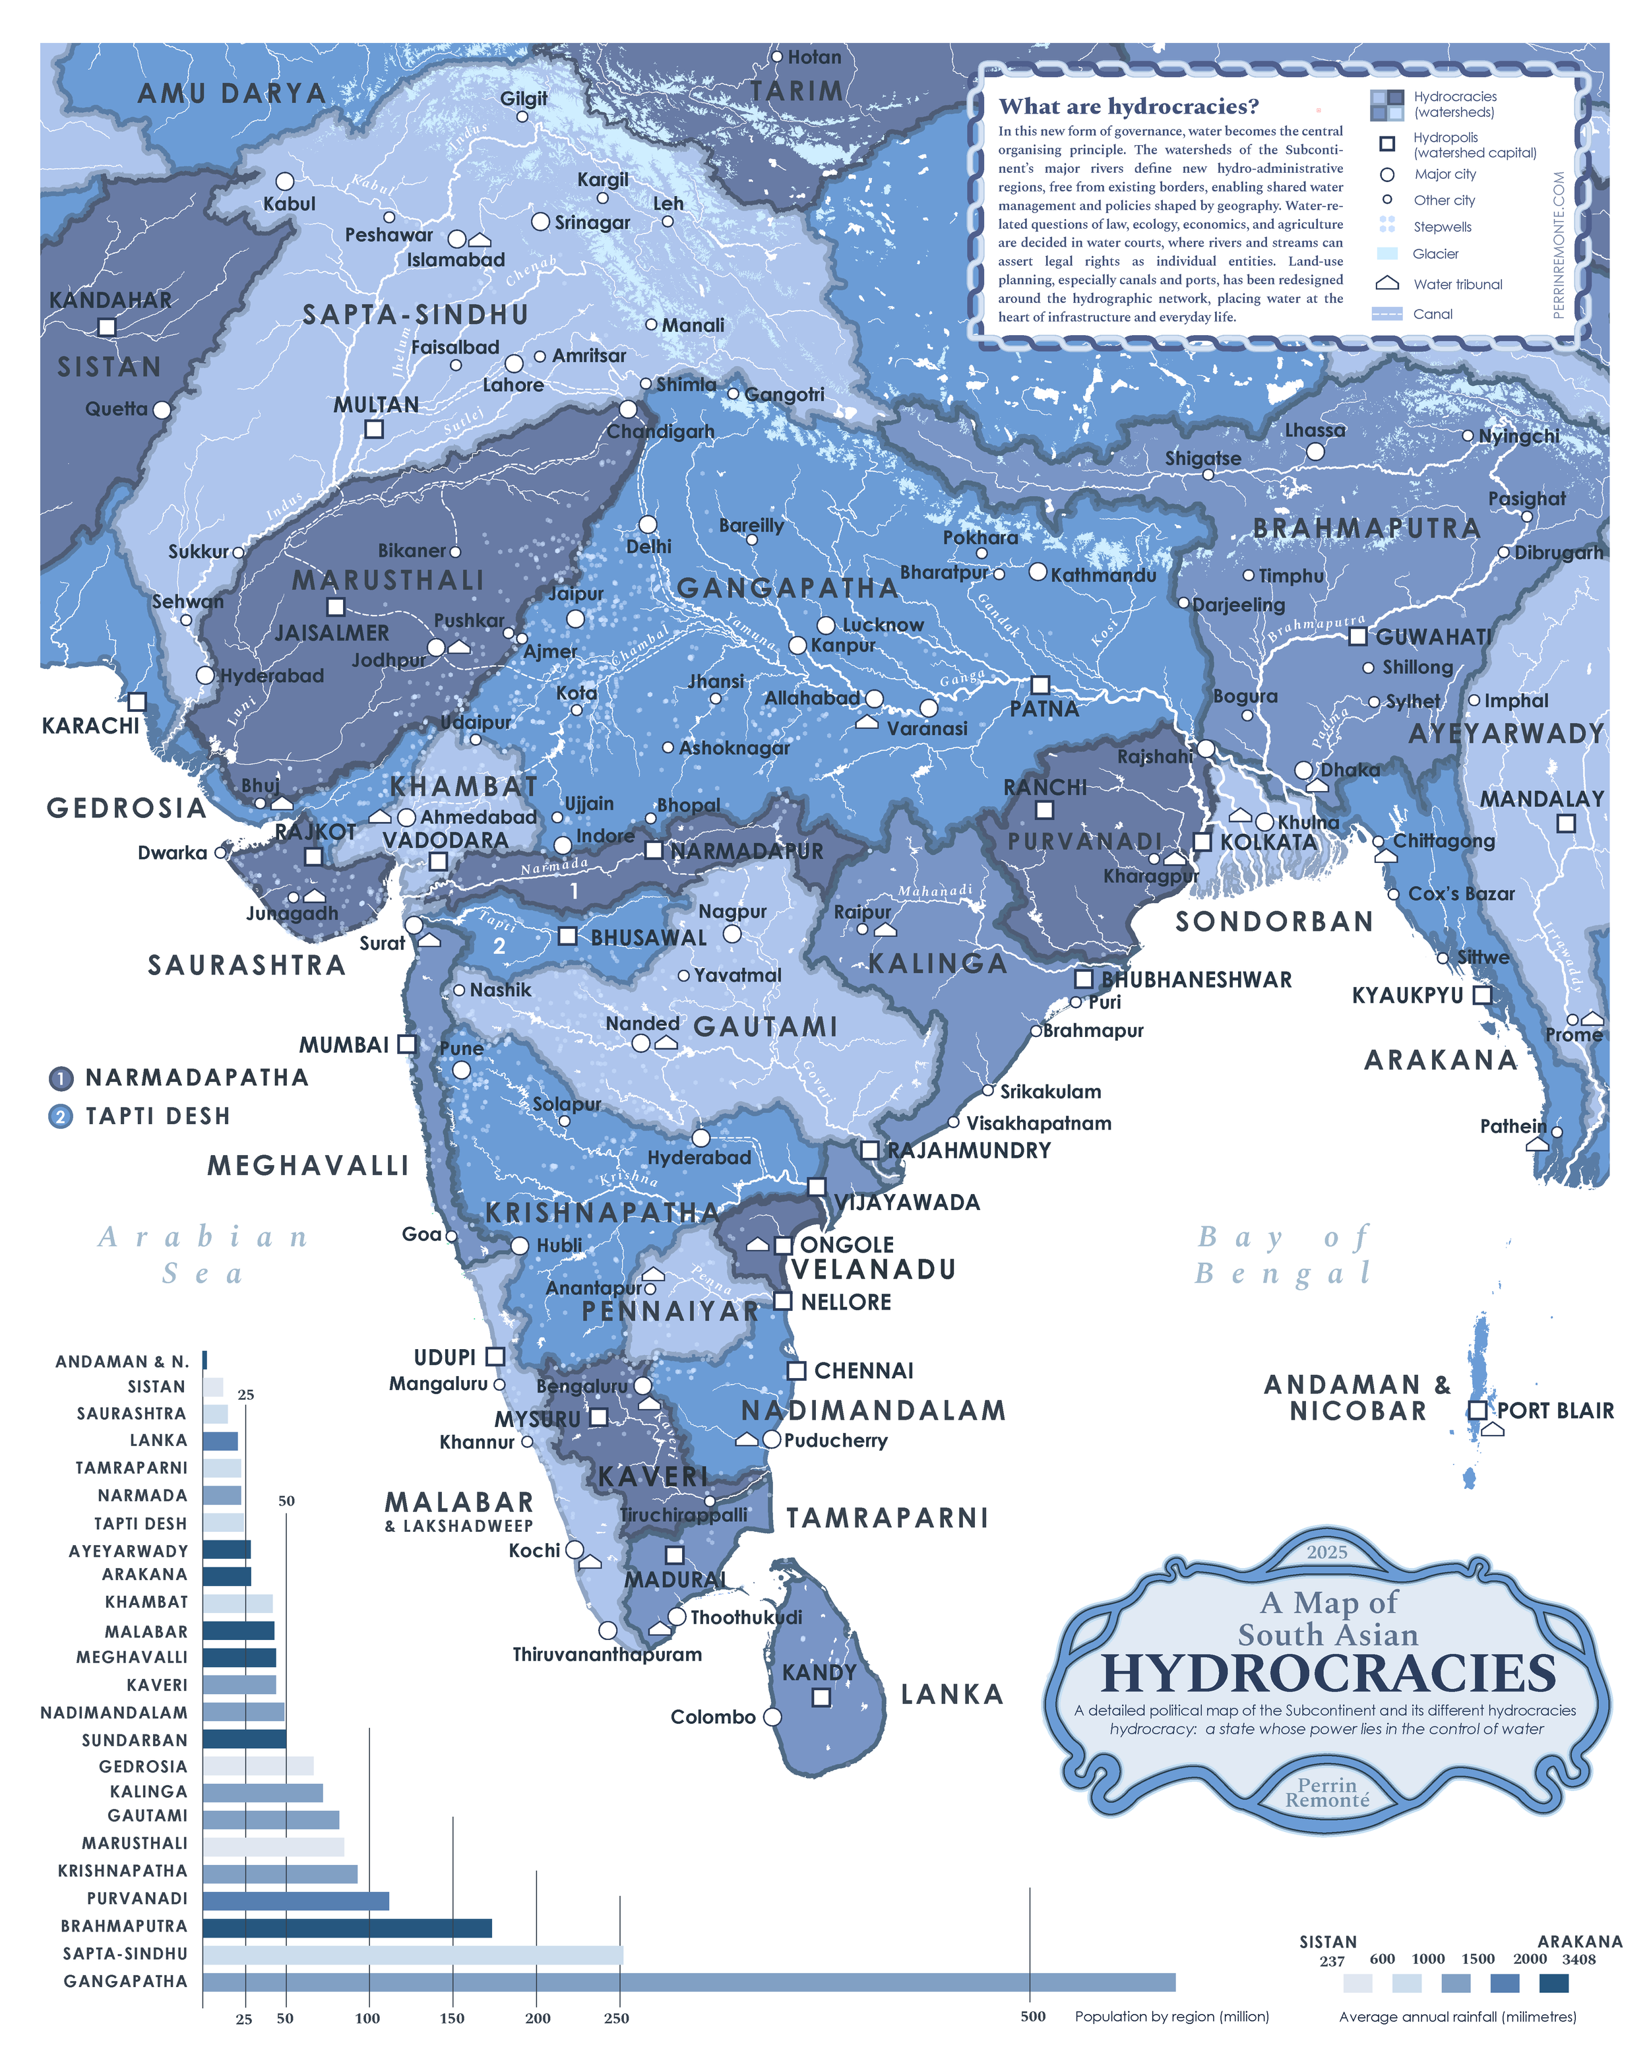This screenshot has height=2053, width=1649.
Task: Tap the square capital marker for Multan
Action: click(374, 429)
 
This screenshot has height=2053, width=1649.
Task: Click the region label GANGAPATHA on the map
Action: click(788, 588)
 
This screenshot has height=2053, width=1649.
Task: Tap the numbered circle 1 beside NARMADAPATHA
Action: click(60, 1078)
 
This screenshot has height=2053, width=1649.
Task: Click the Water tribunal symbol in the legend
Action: click(1387, 284)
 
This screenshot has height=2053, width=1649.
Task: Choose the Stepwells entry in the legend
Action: click(1441, 227)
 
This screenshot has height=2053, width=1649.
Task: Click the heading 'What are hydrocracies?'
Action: click(1128, 107)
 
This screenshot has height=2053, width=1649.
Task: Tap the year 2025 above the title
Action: click(1326, 1552)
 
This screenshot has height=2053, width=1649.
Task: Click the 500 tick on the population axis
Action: click(1033, 2016)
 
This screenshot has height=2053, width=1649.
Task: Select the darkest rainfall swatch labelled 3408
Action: click(1553, 1982)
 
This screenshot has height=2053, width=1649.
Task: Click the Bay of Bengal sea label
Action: click(1284, 1255)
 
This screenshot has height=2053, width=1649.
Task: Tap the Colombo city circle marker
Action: click(772, 1716)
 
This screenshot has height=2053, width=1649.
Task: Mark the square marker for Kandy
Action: click(821, 1697)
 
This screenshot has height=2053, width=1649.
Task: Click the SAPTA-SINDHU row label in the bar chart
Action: click(125, 1954)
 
